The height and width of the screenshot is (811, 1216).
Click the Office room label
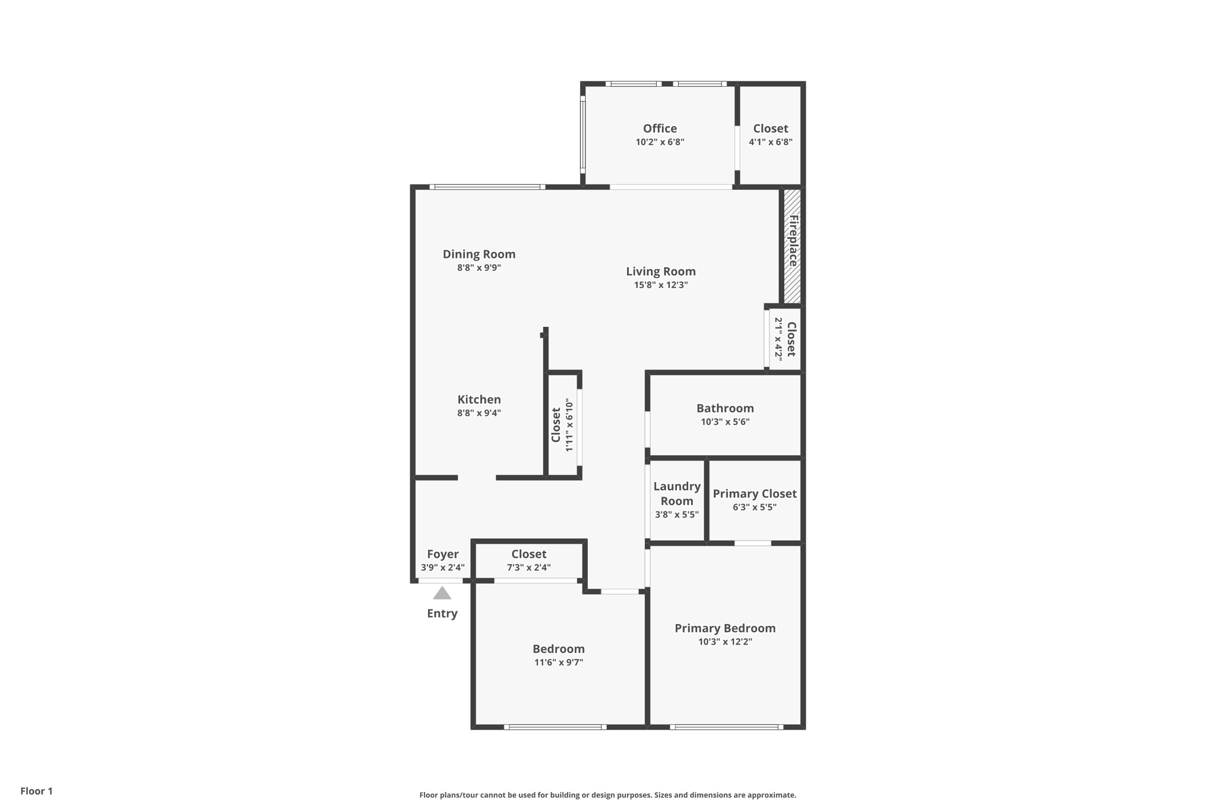(x=660, y=128)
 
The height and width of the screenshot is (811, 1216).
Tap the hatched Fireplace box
(x=792, y=245)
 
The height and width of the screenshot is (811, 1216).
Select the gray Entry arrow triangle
(x=442, y=593)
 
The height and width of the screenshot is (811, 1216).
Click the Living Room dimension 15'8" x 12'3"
(x=660, y=285)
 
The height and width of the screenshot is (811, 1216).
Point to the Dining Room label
(x=479, y=254)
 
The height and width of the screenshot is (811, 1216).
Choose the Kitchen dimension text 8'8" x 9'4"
(x=479, y=413)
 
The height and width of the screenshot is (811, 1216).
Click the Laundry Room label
(x=676, y=493)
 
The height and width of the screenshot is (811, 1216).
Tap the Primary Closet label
(x=754, y=494)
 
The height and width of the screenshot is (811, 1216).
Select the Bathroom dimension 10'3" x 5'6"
(x=725, y=422)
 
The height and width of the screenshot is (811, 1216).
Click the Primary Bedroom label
(x=725, y=628)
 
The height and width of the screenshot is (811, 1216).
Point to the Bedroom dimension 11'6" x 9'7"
(x=558, y=662)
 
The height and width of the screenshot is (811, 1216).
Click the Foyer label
(x=442, y=554)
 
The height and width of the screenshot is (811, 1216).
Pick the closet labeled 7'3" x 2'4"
(x=528, y=560)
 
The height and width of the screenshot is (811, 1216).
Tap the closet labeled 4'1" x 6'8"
(x=770, y=134)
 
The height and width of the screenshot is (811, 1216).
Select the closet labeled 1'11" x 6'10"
(x=562, y=424)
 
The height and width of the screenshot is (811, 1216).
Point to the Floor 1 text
(x=36, y=791)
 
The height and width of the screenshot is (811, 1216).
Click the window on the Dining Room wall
(x=487, y=187)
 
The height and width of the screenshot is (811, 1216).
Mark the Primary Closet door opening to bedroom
(x=752, y=543)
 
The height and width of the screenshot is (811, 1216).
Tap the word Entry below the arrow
(x=442, y=614)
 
